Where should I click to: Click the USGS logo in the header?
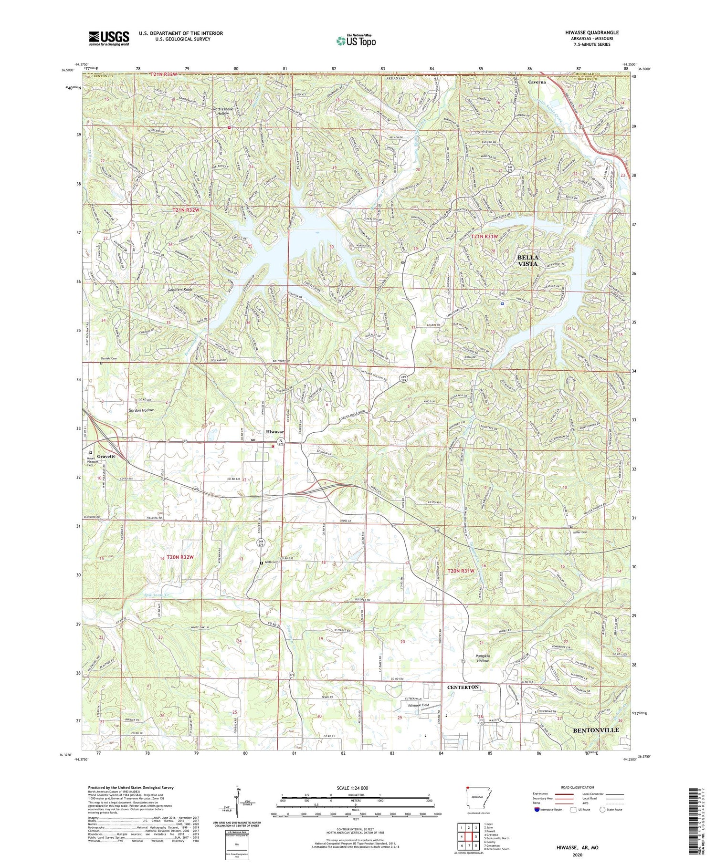[x=109, y=38]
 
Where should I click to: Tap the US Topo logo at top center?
[x=356, y=41]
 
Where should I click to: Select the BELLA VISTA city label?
[x=527, y=261]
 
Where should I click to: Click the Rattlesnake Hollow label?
[x=223, y=111]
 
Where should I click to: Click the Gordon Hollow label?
[x=141, y=410]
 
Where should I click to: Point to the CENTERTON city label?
[x=463, y=687]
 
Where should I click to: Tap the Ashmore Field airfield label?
[x=418, y=705]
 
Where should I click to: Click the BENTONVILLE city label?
[x=595, y=730]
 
